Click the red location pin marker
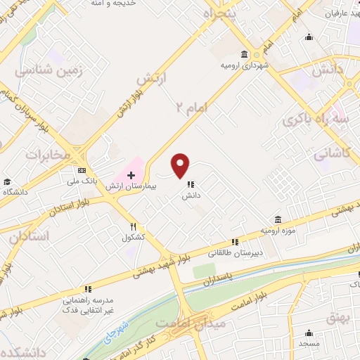point(181,166)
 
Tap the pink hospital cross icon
point(131,174)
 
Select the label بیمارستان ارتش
point(129,187)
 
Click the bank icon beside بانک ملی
point(82,170)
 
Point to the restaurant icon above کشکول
point(134,226)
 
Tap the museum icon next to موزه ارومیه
point(278,219)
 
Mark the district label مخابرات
point(49,153)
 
